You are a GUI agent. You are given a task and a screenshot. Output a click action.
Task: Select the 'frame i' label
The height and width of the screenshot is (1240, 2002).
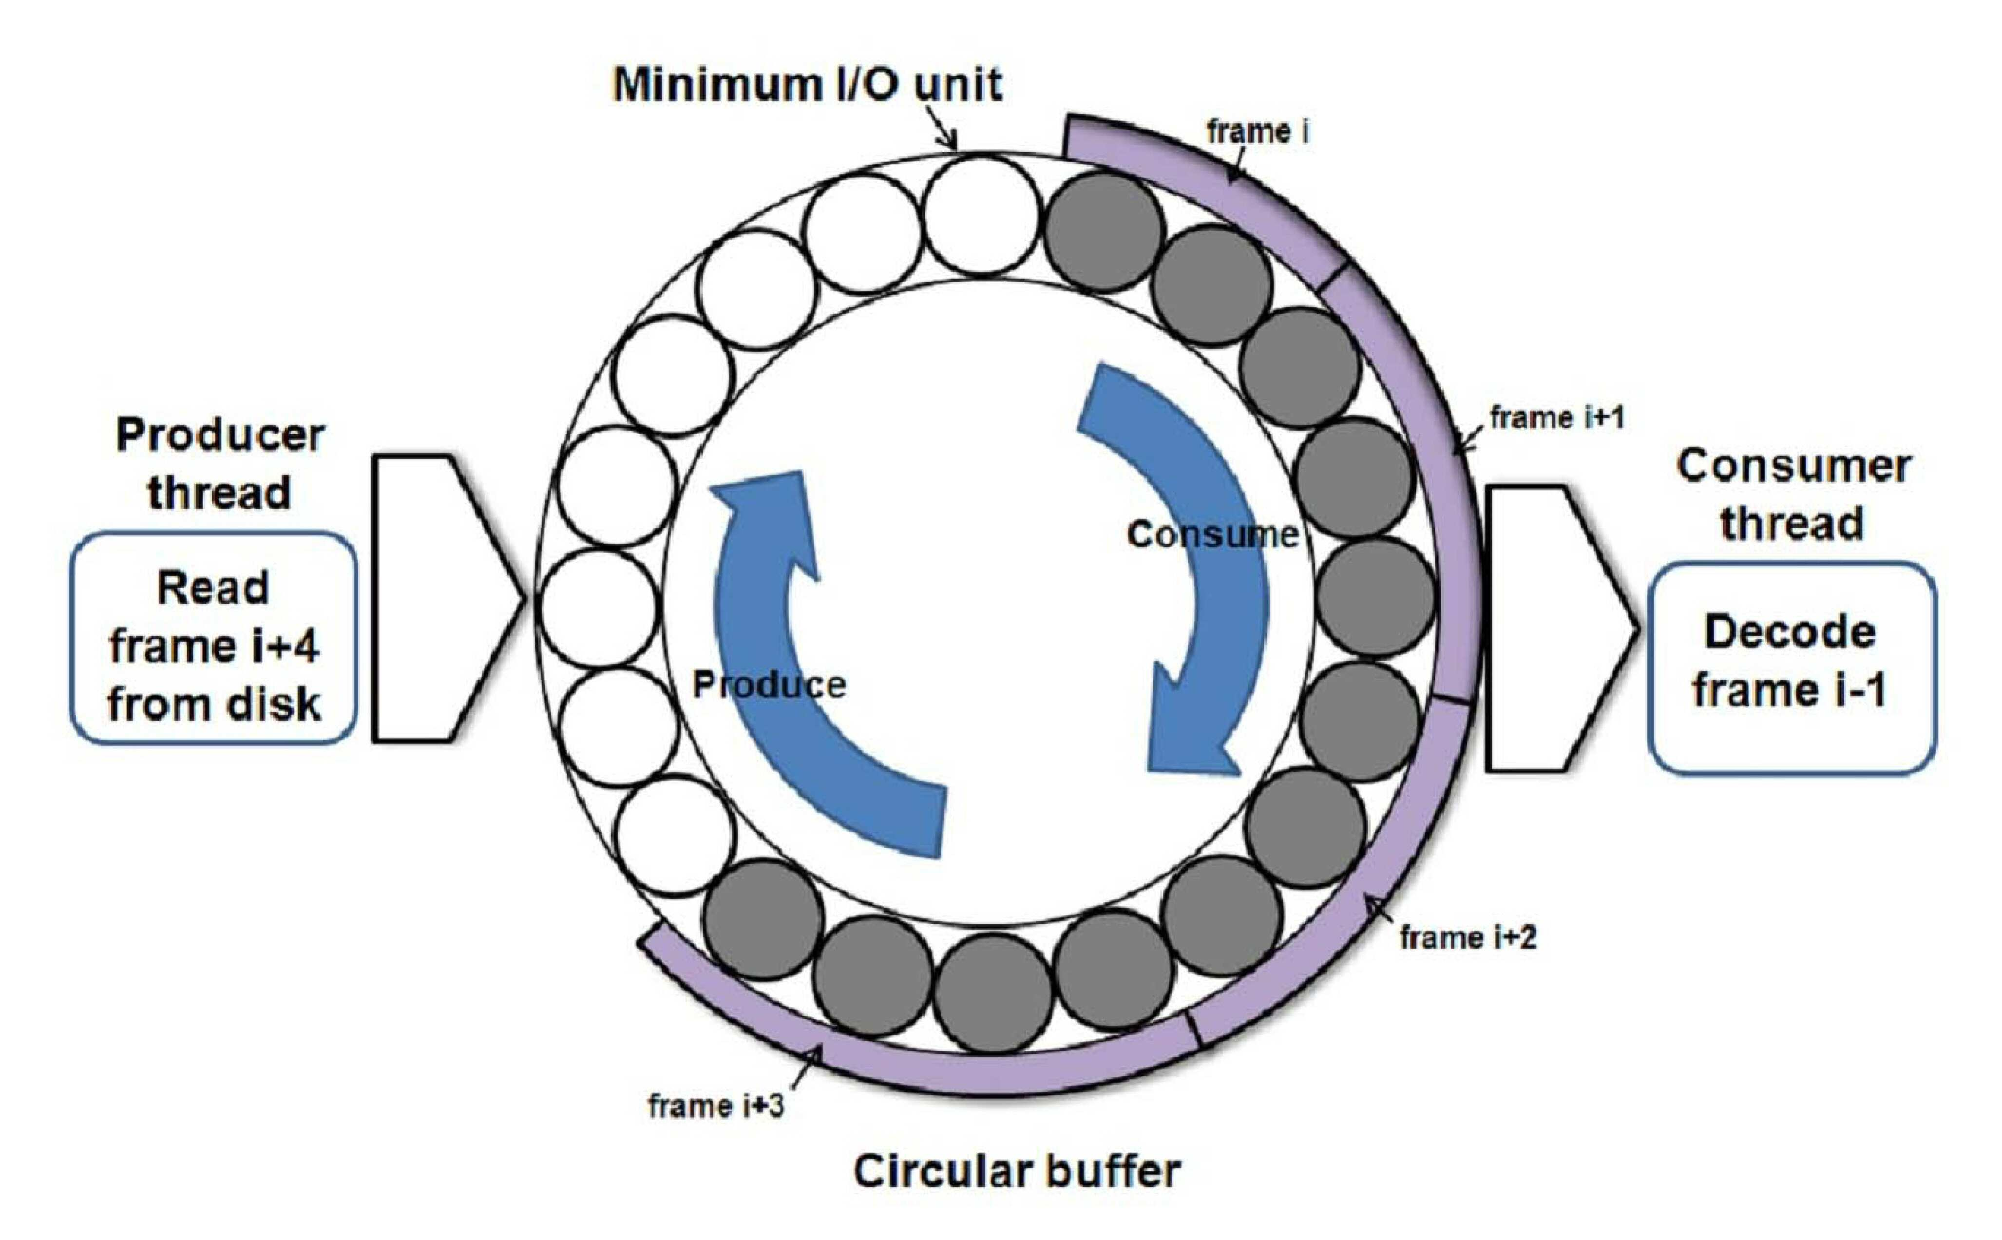pos(1258,131)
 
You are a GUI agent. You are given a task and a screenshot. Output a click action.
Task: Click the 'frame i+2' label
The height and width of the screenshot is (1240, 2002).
pos(1467,936)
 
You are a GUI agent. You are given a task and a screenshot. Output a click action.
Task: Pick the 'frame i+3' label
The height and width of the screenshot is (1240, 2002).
pos(716,1106)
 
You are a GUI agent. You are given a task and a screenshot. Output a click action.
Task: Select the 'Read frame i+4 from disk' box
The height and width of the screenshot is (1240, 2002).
pos(213,639)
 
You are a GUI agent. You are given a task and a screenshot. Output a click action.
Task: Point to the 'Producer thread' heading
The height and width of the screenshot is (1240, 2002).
pos(220,463)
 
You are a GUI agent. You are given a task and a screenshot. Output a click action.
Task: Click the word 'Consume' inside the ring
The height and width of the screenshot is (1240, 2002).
pos(1212,534)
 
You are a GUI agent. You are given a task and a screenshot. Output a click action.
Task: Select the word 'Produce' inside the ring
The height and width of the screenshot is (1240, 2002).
pos(769,685)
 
